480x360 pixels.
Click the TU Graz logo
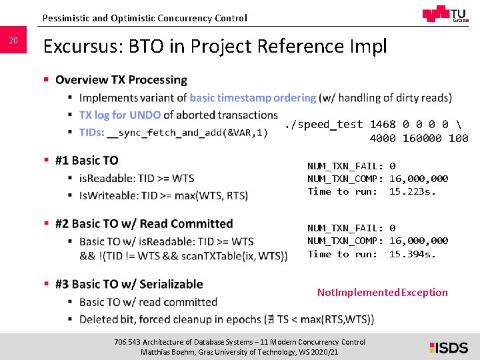(445, 15)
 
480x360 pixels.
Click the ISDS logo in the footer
(449, 347)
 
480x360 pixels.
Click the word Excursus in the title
(81, 47)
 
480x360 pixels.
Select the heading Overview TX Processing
(121, 80)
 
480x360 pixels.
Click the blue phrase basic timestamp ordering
(253, 98)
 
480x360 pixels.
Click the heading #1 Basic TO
(87, 161)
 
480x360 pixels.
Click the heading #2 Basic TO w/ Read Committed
(144, 224)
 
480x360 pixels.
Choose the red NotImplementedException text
(382, 292)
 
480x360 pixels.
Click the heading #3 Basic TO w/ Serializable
(129, 284)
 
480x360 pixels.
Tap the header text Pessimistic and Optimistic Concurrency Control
(144, 18)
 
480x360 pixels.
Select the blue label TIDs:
(91, 132)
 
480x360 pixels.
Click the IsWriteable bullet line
(163, 195)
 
